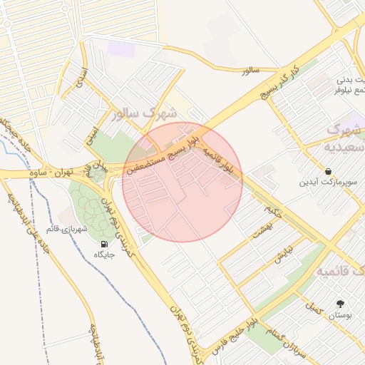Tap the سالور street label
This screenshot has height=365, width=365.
[x=248, y=71]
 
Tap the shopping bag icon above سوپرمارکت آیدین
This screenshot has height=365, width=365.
[x=328, y=171]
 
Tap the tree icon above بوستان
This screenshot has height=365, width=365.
[x=339, y=303]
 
